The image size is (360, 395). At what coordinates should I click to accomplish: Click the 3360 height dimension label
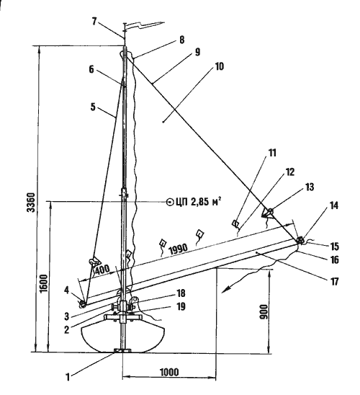tap(32, 203)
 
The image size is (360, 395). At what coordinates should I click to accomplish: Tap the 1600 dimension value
tap(43, 283)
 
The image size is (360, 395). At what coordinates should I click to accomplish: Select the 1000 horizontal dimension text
tap(169, 372)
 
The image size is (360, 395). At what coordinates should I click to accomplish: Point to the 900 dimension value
tap(264, 312)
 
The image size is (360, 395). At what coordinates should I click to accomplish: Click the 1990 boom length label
tap(179, 249)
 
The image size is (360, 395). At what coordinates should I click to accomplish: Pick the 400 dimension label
tap(102, 270)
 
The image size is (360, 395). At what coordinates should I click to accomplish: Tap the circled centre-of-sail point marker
tap(170, 202)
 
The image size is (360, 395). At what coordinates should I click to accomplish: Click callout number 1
tap(68, 377)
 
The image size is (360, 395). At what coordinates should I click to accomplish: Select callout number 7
tap(94, 22)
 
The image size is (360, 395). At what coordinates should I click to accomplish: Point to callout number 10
tap(220, 67)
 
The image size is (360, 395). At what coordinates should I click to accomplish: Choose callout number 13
tap(309, 187)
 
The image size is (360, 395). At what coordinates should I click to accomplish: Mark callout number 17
tap(334, 281)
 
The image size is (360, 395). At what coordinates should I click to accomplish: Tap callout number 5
tap(93, 107)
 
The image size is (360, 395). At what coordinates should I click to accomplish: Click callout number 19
tap(181, 306)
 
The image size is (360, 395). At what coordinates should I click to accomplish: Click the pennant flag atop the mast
tap(145, 25)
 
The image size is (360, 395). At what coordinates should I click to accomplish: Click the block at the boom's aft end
tap(300, 240)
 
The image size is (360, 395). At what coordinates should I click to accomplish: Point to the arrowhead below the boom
tap(226, 289)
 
